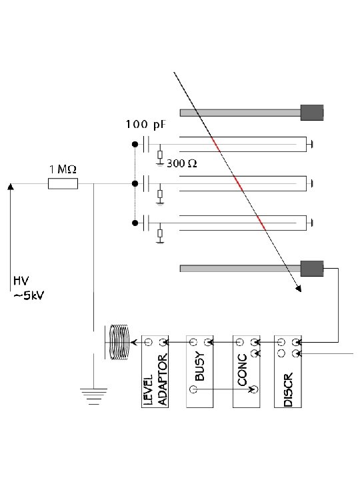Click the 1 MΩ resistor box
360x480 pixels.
coord(63,184)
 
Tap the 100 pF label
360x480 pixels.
coord(146,125)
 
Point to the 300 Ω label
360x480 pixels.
coord(181,163)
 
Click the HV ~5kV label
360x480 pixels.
coord(29,288)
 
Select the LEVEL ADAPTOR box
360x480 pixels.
coord(155,371)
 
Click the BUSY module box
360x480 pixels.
coord(199,371)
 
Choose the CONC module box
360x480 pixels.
coord(247,371)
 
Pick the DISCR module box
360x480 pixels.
coord(288,371)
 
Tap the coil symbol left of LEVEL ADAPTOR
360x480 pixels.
coord(118,342)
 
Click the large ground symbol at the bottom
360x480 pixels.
coord(94,397)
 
